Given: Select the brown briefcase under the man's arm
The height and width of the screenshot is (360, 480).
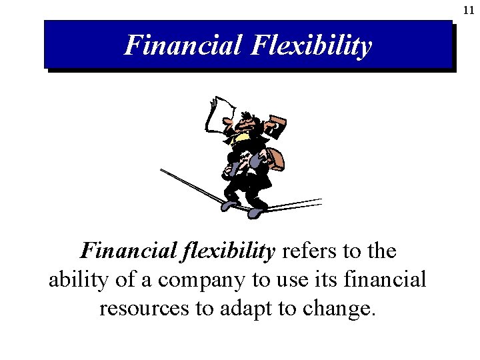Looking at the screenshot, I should (273, 157).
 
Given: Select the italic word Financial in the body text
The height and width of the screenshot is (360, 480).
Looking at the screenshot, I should (127, 251).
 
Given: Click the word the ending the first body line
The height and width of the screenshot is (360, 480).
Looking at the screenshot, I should (381, 251).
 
